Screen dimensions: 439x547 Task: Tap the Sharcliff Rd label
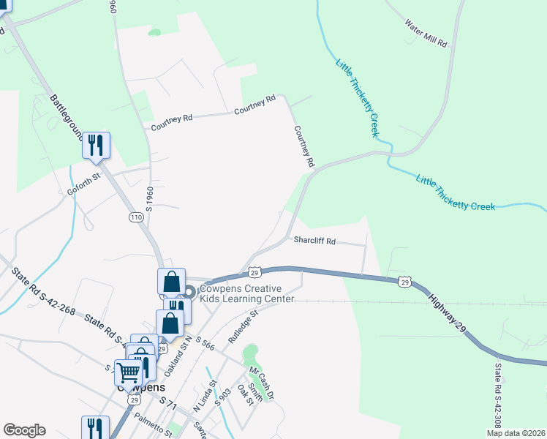click(314, 240)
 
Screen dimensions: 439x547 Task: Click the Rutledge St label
click(244, 327)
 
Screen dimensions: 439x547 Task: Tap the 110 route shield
click(136, 217)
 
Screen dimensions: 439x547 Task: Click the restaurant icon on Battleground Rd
click(96, 146)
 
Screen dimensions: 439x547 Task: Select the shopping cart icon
click(128, 372)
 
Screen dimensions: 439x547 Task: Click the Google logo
click(24, 430)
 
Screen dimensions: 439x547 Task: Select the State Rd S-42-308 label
click(497, 396)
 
